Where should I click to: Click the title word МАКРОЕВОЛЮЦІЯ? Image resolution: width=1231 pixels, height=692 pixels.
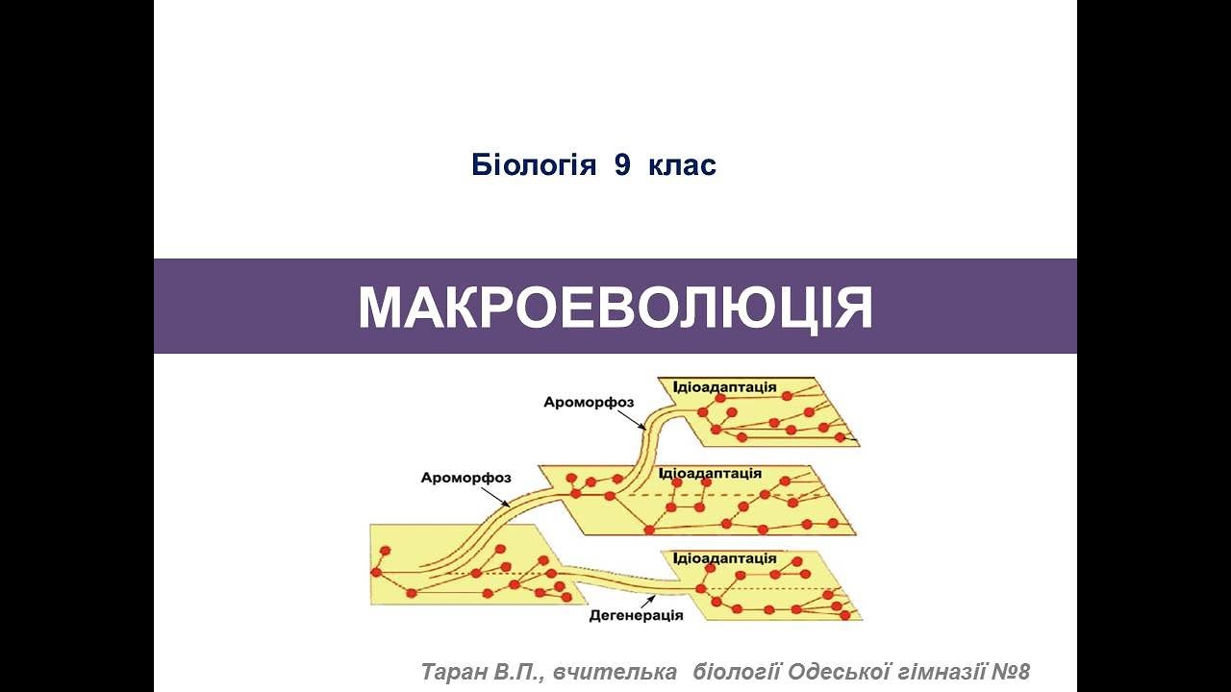tap(615, 308)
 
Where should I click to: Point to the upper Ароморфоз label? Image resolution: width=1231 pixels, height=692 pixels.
tap(589, 402)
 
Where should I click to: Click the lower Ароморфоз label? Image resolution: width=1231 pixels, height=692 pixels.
tap(465, 477)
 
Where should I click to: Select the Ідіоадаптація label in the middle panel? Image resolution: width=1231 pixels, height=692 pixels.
tap(710, 473)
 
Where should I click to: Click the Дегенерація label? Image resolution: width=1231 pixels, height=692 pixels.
tap(636, 616)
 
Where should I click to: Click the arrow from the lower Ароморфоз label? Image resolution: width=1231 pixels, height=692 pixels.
tap(496, 496)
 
